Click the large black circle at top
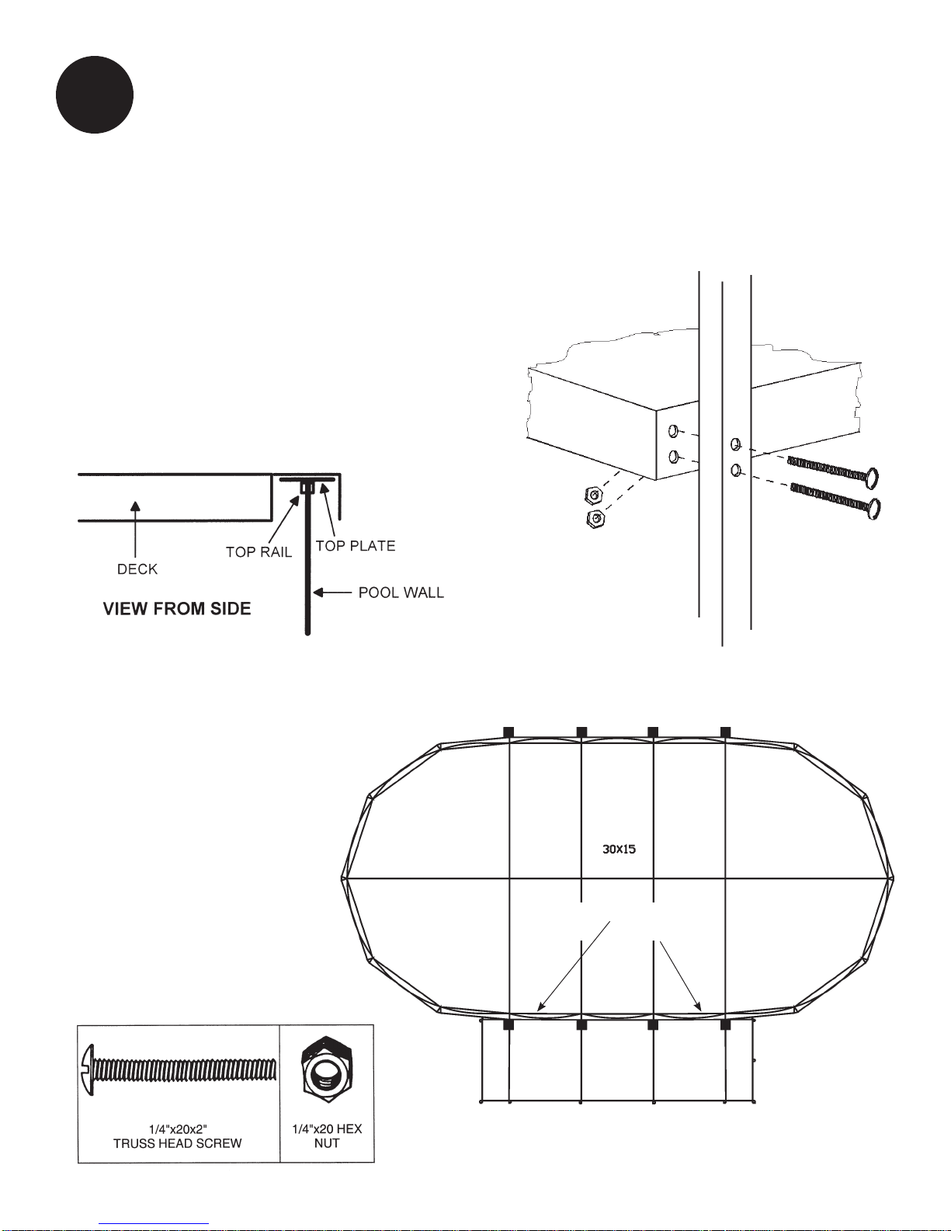coord(95,95)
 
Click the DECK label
coord(137,569)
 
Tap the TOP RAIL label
coord(259,552)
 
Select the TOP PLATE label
coord(356,546)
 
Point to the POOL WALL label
coord(401,593)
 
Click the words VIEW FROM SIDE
coord(177,609)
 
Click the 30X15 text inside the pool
coord(620,849)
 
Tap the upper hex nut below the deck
coord(592,494)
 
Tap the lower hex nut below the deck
coord(595,519)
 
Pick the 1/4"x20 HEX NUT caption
coord(327,1135)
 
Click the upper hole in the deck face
coord(674,430)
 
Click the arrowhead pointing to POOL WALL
coord(318,593)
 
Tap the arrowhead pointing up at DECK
coord(136,506)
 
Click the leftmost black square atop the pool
coord(508,732)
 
